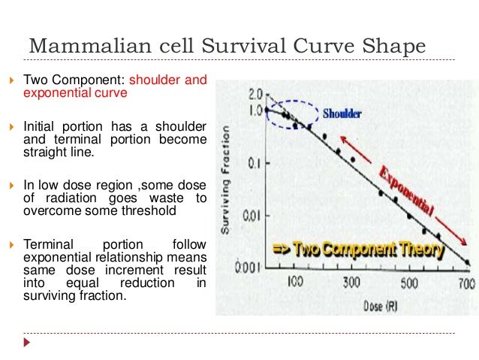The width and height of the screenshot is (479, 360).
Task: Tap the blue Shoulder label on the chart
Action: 342,114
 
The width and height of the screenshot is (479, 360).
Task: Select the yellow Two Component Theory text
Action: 357,249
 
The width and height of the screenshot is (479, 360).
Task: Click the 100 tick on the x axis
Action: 294,283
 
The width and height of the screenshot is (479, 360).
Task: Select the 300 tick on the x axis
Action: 352,283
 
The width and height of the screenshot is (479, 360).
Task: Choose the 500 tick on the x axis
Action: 408,284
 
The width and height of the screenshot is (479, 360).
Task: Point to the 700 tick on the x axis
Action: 466,284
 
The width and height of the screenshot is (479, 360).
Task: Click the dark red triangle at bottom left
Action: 29,343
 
